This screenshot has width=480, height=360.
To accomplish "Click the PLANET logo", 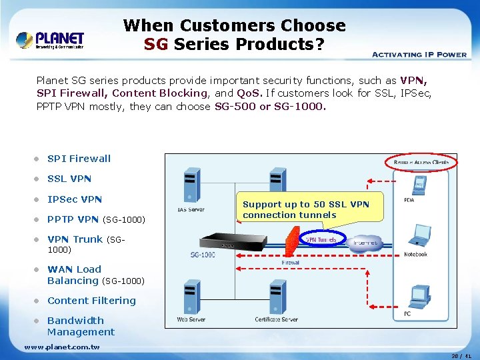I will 50,39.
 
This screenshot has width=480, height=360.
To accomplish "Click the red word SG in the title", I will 157,44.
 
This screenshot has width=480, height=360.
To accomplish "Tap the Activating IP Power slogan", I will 419,55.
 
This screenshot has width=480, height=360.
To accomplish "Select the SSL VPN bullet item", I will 69,179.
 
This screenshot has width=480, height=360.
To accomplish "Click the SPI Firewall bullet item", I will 79,159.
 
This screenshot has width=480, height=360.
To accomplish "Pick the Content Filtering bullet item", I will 91,301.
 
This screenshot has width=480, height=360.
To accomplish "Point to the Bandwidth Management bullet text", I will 80,326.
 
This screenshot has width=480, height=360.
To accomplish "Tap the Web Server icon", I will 191,297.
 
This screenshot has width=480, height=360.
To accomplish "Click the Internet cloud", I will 365,242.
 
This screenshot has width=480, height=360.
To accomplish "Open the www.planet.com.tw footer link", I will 62,347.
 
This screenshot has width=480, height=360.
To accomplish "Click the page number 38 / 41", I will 461,356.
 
